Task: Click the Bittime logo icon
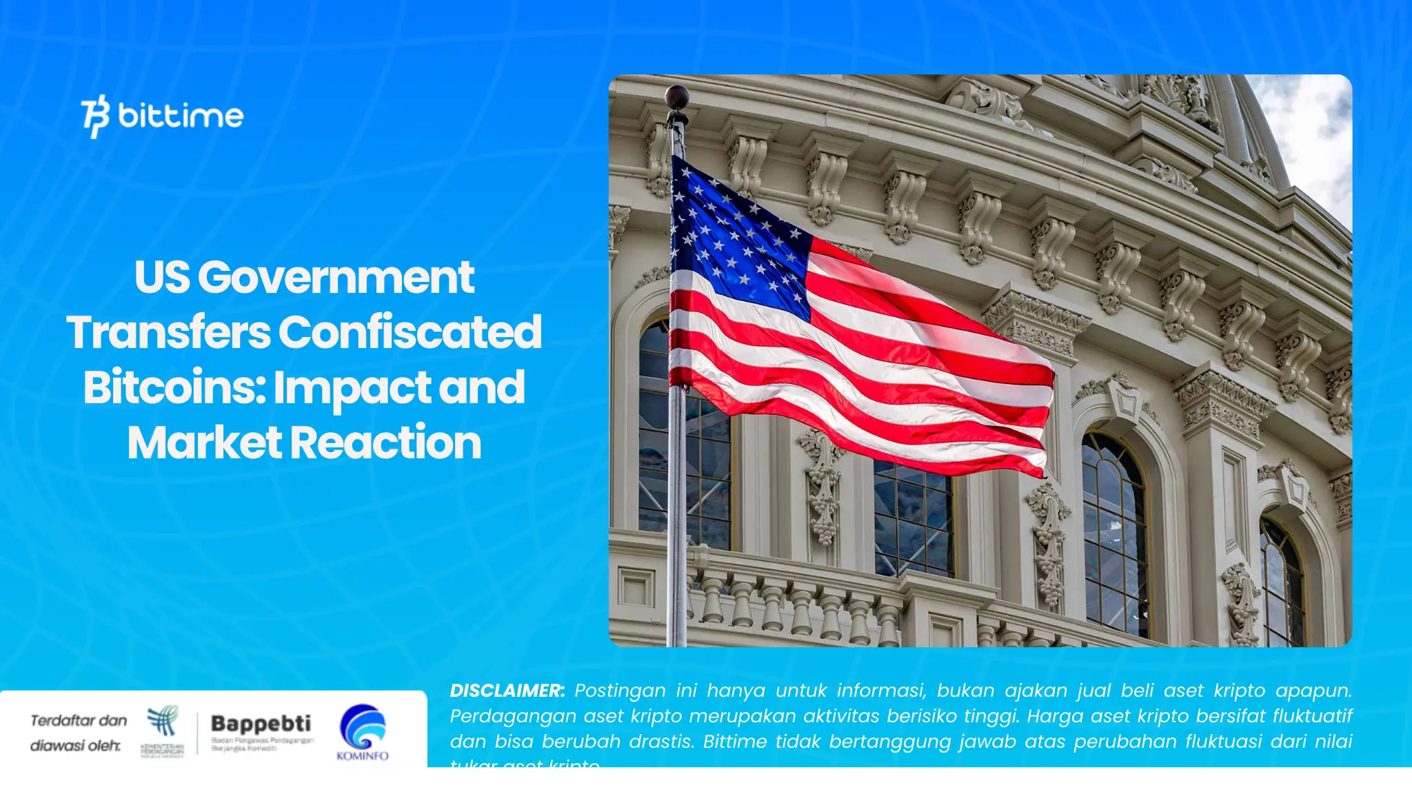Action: pos(95,116)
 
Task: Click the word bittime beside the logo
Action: pos(181,116)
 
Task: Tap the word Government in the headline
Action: pos(336,277)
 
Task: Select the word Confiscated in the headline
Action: pos(410,332)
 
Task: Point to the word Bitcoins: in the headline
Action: pos(174,387)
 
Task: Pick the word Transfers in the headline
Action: pos(168,332)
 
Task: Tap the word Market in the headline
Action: pos(204,442)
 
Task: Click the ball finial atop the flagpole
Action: pos(677,97)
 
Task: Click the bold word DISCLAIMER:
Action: pos(507,691)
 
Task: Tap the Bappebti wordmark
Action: pos(261,724)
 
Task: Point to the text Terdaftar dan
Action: pos(79,720)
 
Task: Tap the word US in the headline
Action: pos(162,277)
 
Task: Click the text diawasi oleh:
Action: pos(75,746)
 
